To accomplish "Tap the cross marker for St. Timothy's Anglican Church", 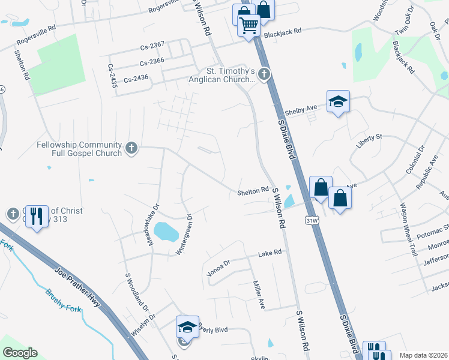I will pyautogui.click(x=265, y=74).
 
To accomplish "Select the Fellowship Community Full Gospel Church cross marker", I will pyautogui.click(x=131, y=147).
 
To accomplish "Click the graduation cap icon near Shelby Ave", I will pyautogui.click(x=338, y=101).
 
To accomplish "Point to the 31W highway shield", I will pyautogui.click(x=310, y=220).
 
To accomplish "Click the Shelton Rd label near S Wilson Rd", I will pyautogui.click(x=252, y=191).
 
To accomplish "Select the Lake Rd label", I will pyautogui.click(x=270, y=254).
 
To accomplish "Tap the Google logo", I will pyautogui.click(x=20, y=352).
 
